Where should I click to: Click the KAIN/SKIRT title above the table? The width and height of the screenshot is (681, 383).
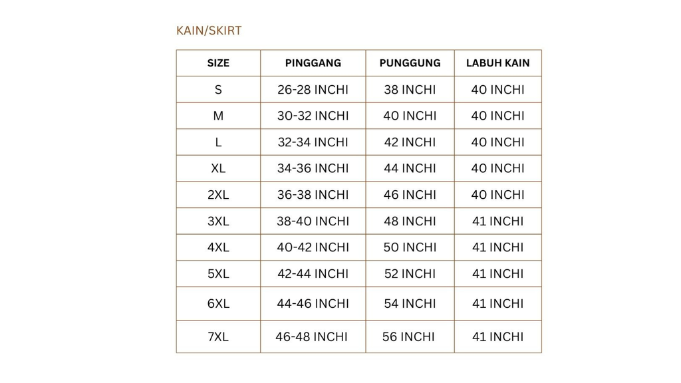pyautogui.click(x=209, y=31)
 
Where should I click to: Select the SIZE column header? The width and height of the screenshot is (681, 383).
pyautogui.click(x=218, y=63)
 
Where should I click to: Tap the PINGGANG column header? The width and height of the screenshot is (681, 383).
pyautogui.click(x=313, y=63)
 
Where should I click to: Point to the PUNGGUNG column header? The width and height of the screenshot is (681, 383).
pyautogui.click(x=410, y=63)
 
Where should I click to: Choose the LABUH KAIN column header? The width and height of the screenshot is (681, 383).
pyautogui.click(x=497, y=63)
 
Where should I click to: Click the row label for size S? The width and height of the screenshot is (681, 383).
pyautogui.click(x=218, y=90)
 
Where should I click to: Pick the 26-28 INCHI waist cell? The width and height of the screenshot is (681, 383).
pyautogui.click(x=313, y=90)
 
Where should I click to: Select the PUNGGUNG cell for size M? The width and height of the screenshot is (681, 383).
pyautogui.click(x=410, y=116)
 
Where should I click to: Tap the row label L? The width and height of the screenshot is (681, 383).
pyautogui.click(x=218, y=142)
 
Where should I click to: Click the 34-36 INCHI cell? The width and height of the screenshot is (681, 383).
pyautogui.click(x=313, y=168)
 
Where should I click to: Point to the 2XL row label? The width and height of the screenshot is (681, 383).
pyautogui.click(x=218, y=195)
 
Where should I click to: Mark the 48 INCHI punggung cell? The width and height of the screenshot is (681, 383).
pyautogui.click(x=410, y=221)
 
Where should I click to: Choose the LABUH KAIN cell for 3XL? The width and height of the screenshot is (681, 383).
pyautogui.click(x=497, y=221)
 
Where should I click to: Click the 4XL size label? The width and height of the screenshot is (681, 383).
pyautogui.click(x=218, y=247)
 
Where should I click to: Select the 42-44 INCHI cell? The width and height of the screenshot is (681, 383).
pyautogui.click(x=313, y=273)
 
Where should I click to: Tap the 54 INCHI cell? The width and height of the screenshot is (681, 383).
pyautogui.click(x=410, y=304)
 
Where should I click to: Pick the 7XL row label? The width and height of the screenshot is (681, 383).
pyautogui.click(x=218, y=337)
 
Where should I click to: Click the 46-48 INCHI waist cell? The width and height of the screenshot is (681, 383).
pyautogui.click(x=311, y=337)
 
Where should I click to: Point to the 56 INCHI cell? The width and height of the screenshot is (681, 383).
pyautogui.click(x=408, y=337)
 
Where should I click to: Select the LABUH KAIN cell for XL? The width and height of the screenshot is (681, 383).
pyautogui.click(x=497, y=168)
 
